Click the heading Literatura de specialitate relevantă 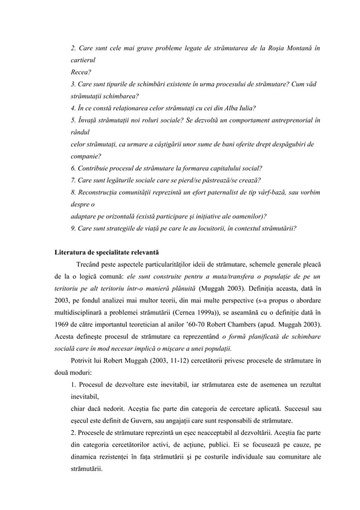(x=107, y=252)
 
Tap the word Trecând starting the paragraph (x=87, y=265)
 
